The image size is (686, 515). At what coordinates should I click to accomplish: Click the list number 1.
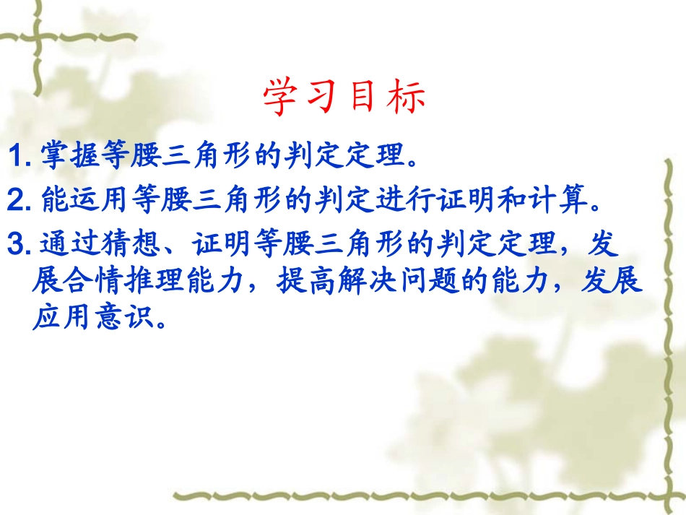tap(16, 157)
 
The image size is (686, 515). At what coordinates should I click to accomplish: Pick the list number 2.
tap(16, 201)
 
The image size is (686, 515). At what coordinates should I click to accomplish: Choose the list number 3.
tap(16, 246)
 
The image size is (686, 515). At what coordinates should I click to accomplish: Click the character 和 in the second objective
tap(518, 201)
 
